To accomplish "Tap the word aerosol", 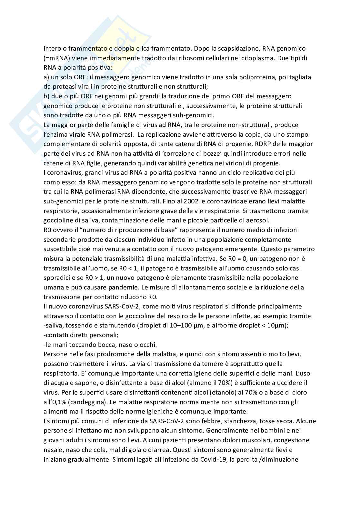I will click(x=259, y=220).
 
